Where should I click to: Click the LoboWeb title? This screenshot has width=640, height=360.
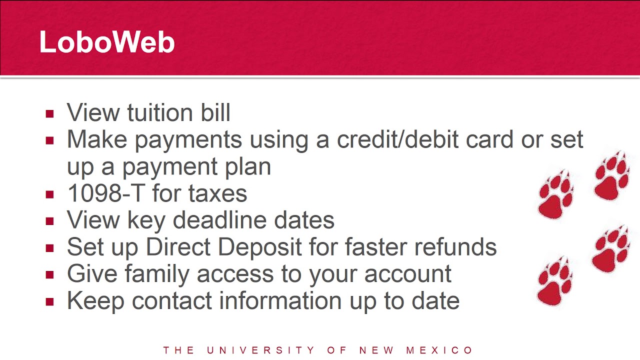point(107,42)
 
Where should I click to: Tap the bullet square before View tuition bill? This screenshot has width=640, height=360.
point(49,113)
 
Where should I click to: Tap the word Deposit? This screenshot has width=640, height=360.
point(259,247)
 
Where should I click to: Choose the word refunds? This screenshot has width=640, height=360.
point(455,247)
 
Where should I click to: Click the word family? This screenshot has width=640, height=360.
point(157,274)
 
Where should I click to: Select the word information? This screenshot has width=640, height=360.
point(280,300)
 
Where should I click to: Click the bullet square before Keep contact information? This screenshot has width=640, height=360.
point(49,302)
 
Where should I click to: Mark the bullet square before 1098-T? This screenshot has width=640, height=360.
point(49,194)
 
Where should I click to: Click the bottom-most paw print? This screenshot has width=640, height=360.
point(554,281)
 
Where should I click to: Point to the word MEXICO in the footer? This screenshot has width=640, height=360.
point(439,350)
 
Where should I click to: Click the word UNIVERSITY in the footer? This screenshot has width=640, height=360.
point(260,350)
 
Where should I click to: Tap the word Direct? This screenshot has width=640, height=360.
point(178,247)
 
